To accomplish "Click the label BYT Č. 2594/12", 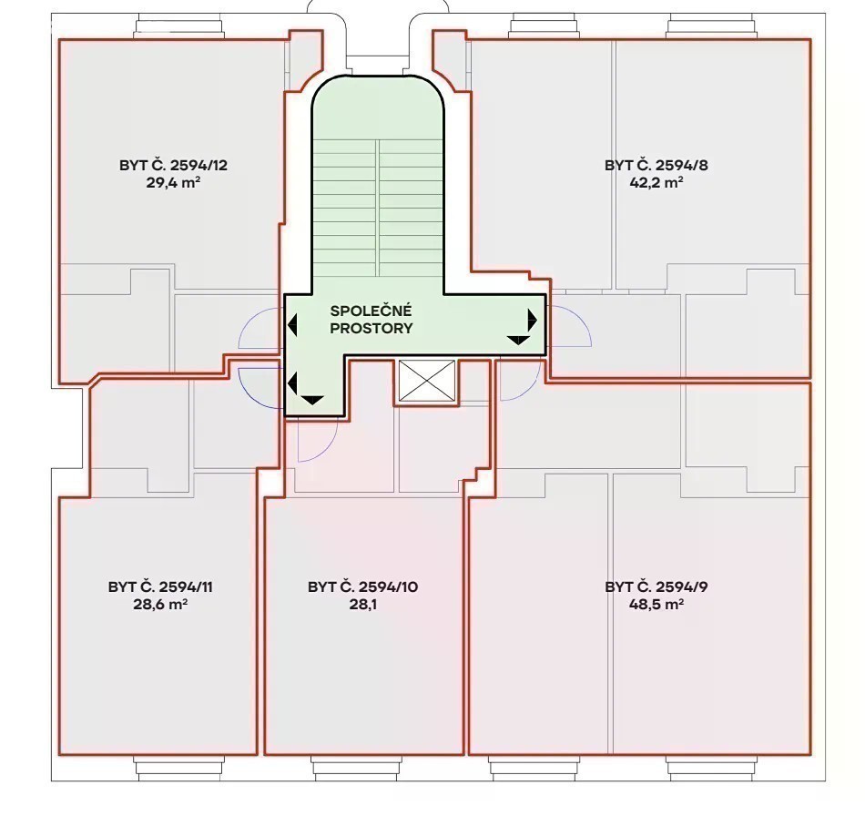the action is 173,166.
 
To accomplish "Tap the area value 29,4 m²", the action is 173,183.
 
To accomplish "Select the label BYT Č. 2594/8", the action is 656,166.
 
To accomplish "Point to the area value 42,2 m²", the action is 656,183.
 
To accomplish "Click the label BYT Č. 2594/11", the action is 160,587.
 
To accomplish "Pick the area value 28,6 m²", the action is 160,604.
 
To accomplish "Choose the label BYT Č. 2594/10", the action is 363,587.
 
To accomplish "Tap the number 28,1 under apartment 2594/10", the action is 363,604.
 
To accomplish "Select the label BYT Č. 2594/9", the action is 656,587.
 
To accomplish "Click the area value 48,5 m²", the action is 656,604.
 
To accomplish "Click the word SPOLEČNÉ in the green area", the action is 371,311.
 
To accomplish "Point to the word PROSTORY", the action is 371,328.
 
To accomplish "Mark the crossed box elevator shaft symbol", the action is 426,381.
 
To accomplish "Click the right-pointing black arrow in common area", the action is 533,320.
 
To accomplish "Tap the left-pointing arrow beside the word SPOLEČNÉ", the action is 292,325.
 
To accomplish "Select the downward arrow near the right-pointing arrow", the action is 518,340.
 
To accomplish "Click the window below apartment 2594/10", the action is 355,768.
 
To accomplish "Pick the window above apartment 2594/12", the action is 180,26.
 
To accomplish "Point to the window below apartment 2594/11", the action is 180,768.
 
